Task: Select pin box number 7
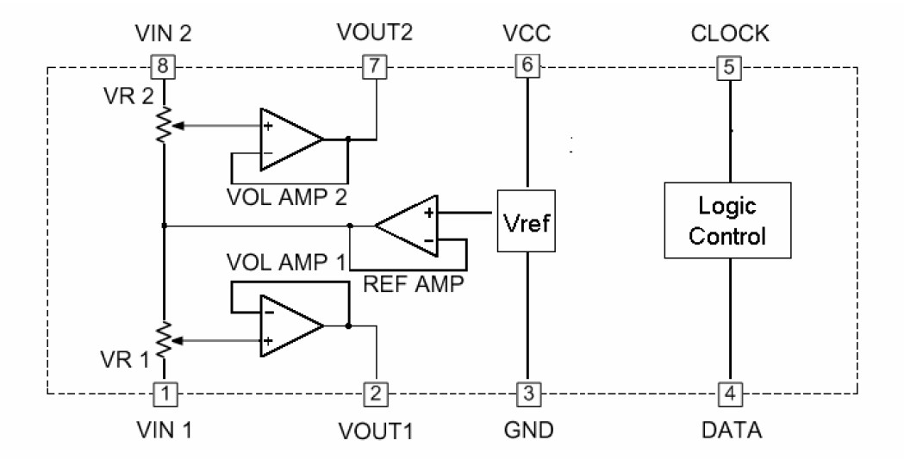click(372, 65)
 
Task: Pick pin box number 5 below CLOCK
click(728, 65)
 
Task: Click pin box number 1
click(164, 394)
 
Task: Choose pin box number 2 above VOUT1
click(374, 394)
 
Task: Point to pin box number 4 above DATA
click(728, 394)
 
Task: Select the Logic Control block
click(728, 220)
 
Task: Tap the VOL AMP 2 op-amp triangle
click(289, 138)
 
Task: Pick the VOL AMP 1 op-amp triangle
click(289, 327)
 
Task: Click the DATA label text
click(728, 428)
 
